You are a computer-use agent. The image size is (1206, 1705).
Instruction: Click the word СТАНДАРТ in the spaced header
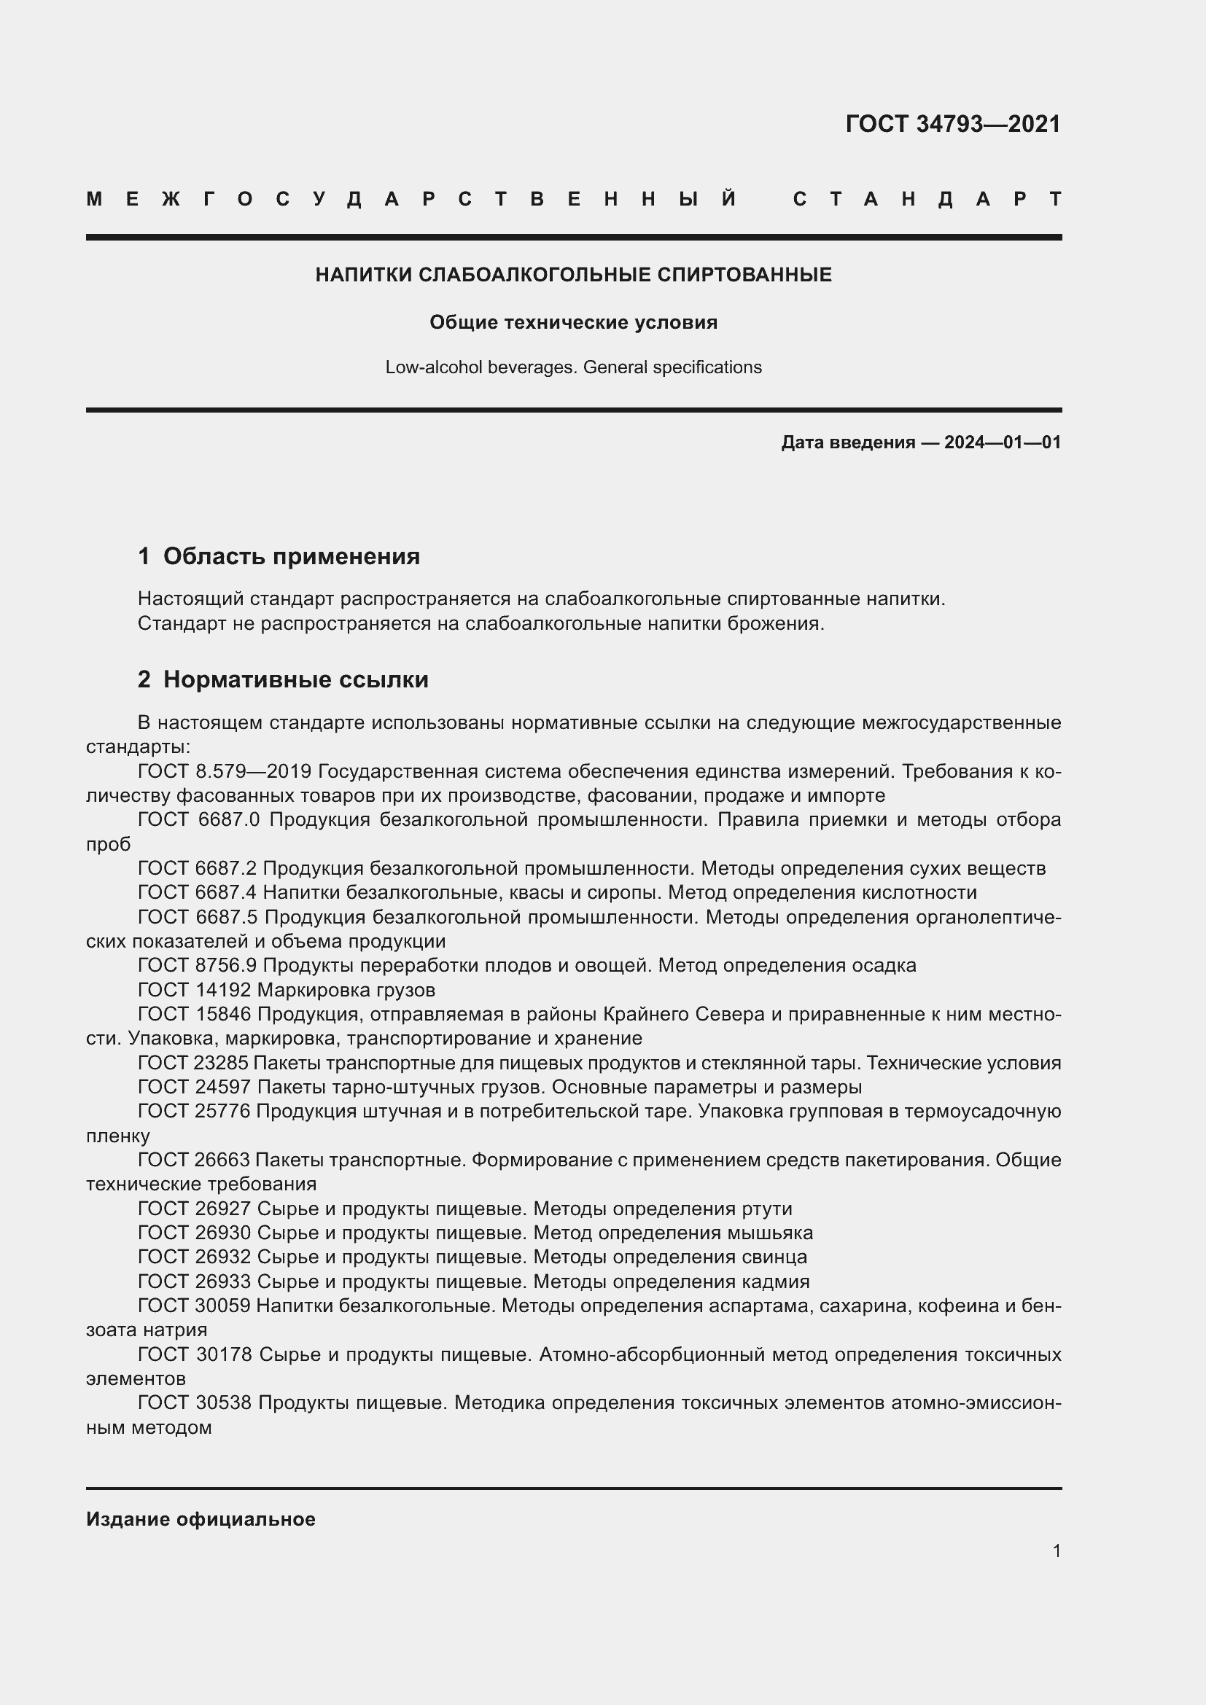927,199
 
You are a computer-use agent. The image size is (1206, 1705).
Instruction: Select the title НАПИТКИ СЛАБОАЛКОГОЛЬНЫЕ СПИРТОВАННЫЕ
573,275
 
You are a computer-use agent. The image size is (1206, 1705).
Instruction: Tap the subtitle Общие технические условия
573,322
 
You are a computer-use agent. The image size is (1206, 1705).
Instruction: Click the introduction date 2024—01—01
1002,442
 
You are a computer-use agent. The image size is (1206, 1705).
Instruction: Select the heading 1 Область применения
279,556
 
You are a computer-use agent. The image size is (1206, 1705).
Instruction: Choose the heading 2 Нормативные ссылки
283,679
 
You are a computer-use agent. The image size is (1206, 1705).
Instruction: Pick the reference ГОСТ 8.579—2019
225,771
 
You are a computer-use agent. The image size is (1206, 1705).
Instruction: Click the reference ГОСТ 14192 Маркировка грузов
287,990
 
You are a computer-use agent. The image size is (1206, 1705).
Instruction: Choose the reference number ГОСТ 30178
195,1354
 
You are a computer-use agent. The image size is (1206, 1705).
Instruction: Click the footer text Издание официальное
201,1519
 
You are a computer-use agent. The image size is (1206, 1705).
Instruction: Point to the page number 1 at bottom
1056,1550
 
